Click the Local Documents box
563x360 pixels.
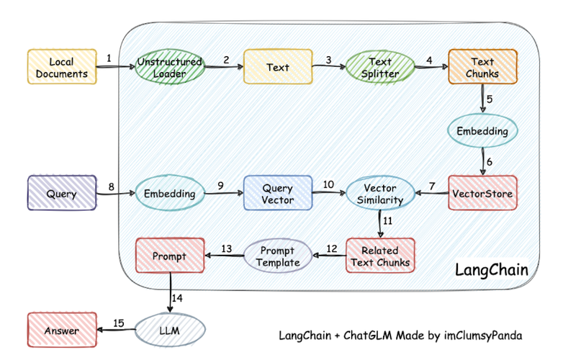pyautogui.click(x=62, y=67)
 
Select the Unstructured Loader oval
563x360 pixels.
pyautogui.click(x=170, y=67)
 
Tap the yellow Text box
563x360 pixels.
pyautogui.click(x=277, y=67)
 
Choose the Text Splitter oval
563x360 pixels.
pyautogui.click(x=380, y=67)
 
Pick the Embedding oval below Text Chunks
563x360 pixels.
pyautogui.click(x=482, y=131)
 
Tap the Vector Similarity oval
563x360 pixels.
pyautogui.click(x=380, y=193)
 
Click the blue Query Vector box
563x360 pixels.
pyautogui.click(x=277, y=193)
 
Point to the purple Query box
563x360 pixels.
pyautogui.click(x=62, y=193)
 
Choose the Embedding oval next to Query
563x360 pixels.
pyautogui.click(x=170, y=193)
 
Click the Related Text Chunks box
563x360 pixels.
pyautogui.click(x=380, y=256)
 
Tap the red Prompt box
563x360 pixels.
pyautogui.click(x=170, y=256)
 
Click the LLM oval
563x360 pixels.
pyautogui.click(x=170, y=330)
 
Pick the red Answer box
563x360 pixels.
pyautogui.click(x=62, y=330)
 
